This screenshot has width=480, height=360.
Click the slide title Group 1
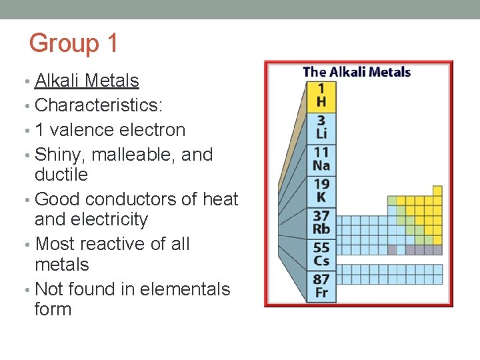click(73, 43)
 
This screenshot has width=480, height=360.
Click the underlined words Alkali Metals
click(87, 81)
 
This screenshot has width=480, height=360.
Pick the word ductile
click(61, 175)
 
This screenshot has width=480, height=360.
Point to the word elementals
click(177, 289)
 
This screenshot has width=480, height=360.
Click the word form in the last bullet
click(53, 309)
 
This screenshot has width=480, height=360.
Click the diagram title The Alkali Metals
click(357, 72)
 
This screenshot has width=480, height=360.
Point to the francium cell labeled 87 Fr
click(321, 286)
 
